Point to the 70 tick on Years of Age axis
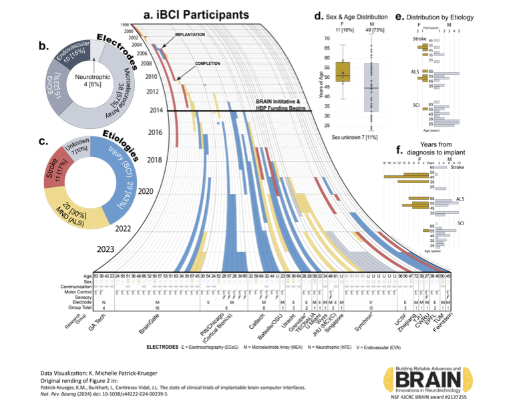point(327,38)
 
